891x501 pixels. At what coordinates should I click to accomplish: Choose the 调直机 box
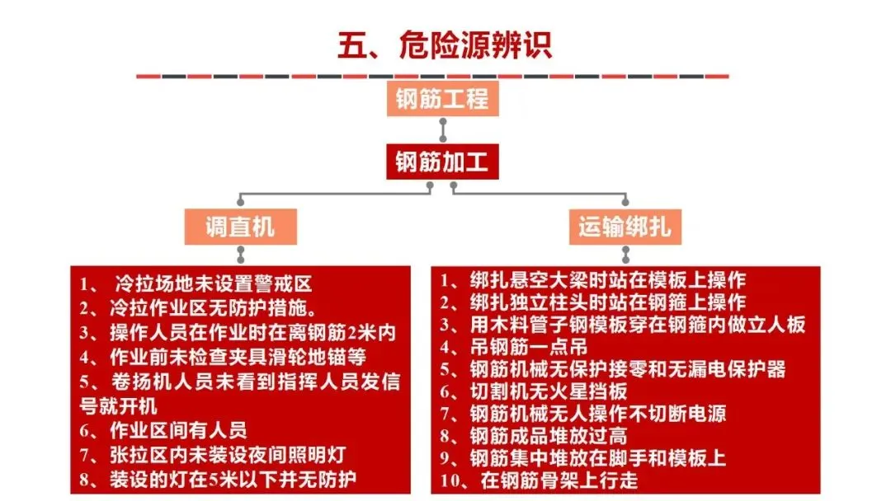pyautogui.click(x=239, y=225)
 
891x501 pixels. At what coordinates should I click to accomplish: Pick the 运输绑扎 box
pyautogui.click(x=624, y=225)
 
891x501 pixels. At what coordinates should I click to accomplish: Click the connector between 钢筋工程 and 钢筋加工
pyautogui.click(x=443, y=130)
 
